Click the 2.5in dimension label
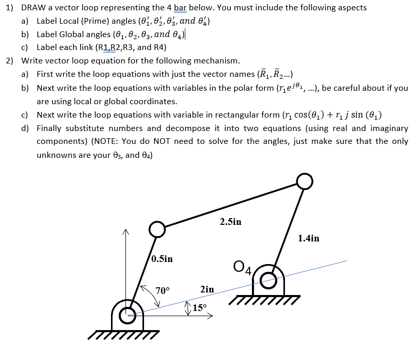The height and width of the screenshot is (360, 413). click(x=230, y=222)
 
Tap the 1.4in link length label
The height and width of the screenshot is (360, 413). click(x=309, y=238)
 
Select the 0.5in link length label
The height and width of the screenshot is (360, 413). click(x=162, y=258)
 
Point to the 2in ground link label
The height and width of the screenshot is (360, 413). click(x=206, y=289)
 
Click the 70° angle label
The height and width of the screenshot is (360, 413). click(x=163, y=290)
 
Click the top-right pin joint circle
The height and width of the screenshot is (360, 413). click(x=305, y=181)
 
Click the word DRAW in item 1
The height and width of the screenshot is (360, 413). click(x=33, y=7)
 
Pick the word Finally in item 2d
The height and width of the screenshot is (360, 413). click(x=50, y=128)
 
